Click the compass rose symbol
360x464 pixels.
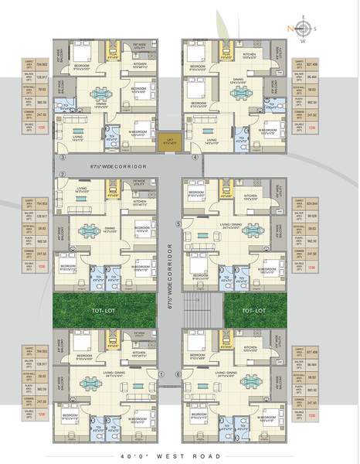pos(301,29)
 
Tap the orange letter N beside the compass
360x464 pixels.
pos(287,29)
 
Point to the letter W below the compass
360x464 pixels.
pos(301,43)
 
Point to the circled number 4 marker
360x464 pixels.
pos(195,156)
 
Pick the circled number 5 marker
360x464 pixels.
pos(178,223)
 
